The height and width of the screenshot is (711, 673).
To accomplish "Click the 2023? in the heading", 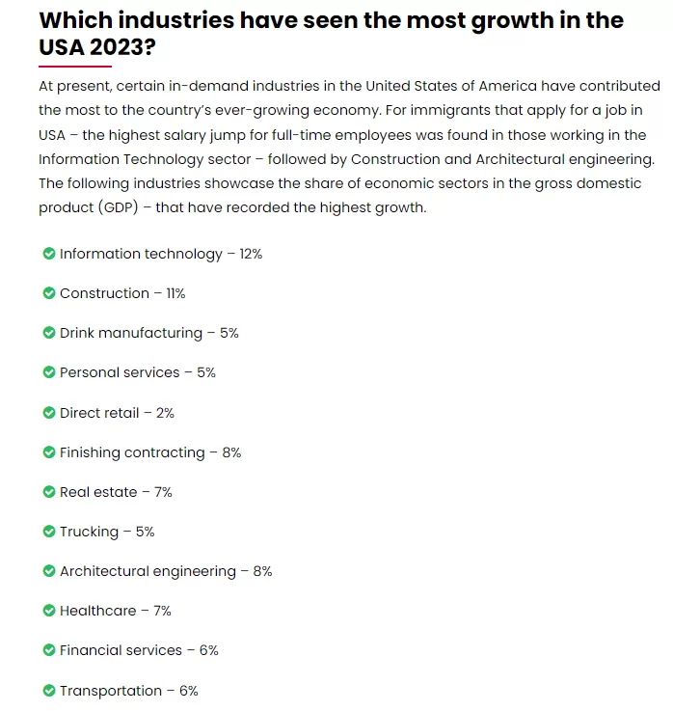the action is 122,47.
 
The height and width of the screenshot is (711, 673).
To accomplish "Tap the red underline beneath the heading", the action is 75,67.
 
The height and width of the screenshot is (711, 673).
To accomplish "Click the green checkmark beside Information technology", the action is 49,254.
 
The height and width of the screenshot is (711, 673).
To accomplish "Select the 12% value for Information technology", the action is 251,254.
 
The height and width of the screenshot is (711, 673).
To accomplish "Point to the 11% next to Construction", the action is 175,293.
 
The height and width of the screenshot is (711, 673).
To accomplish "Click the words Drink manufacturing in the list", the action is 131,333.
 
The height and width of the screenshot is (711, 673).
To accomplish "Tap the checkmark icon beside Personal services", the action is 49,372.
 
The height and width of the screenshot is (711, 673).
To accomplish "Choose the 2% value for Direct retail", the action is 165,413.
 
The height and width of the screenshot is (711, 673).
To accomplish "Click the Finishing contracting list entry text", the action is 132,452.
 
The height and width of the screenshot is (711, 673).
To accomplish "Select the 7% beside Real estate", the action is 163,492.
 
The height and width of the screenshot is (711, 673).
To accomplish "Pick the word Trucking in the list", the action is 90,532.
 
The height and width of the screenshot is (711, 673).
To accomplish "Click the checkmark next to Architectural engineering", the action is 49,571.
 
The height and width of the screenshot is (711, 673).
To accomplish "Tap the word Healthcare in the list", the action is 98,611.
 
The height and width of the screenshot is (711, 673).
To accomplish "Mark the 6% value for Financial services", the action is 209,650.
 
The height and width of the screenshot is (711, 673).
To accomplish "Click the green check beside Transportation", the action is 49,691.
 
